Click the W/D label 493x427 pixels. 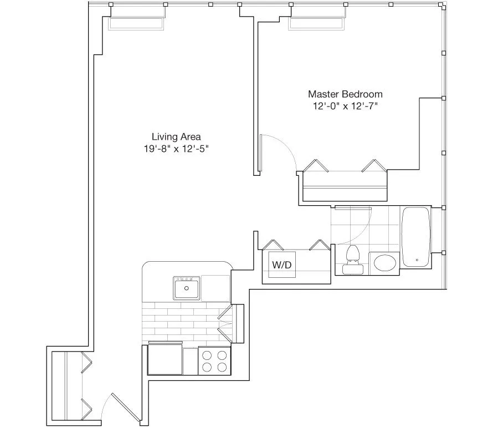tap(281, 265)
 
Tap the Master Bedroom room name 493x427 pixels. tap(345, 94)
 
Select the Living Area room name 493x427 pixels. tap(176, 136)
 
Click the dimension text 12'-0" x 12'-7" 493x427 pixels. tap(345, 106)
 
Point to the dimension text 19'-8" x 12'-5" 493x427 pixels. tap(176, 149)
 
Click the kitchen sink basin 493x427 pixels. tap(187, 288)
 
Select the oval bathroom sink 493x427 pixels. tap(383, 263)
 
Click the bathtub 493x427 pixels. tap(417, 237)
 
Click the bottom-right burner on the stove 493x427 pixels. tap(222, 367)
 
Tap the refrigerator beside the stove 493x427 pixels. tap(165, 360)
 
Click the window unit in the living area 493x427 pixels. tap(136, 24)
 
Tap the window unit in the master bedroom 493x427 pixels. tap(317, 24)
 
